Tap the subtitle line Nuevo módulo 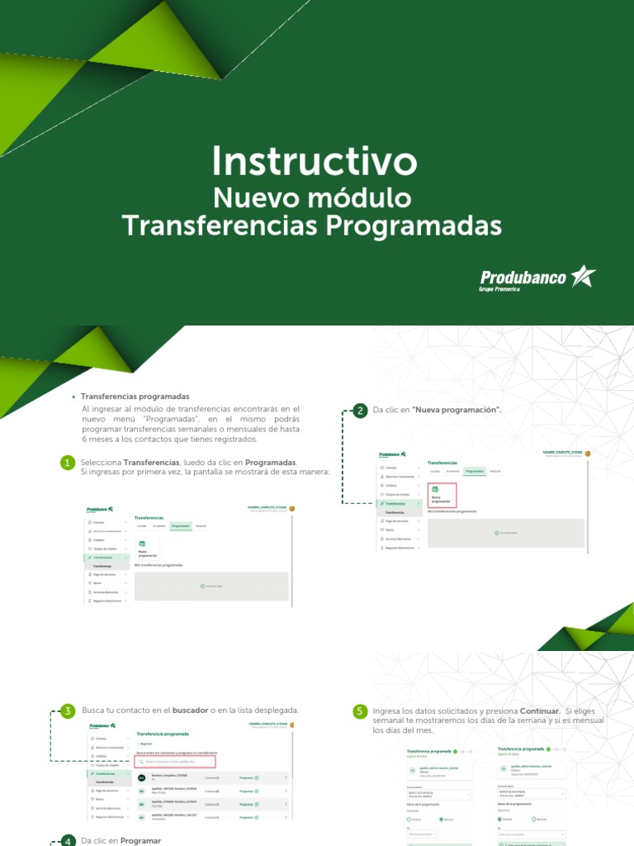coord(312,198)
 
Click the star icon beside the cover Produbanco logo coord(583,276)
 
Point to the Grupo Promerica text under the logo coord(504,290)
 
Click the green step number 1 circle coord(68,463)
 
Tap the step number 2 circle coord(360,411)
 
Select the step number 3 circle coord(68,711)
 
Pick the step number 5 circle coord(360,711)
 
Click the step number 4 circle coord(68,841)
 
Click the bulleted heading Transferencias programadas coord(135,397)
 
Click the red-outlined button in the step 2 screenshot coord(442,495)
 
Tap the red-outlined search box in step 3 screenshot coord(176,762)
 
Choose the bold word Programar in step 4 coord(140,841)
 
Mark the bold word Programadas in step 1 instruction coord(270,462)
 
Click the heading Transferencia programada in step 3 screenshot coord(163,734)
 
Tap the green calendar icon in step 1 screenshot coord(141,544)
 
